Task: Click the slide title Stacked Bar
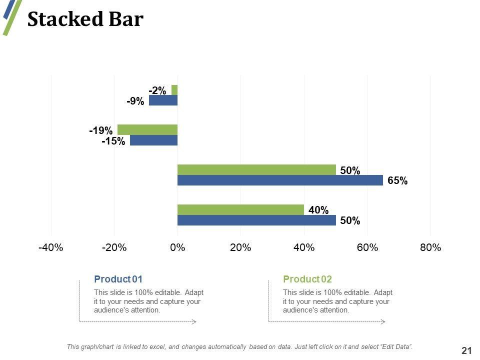[85, 19]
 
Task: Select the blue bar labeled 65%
[280, 180]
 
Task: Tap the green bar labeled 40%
[240, 209]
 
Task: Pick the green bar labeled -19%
[147, 129]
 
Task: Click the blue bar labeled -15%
[153, 140]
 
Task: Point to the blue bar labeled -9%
[163, 100]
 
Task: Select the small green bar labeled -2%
[174, 90]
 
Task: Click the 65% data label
[397, 181]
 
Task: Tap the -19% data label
[100, 130]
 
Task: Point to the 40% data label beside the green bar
[318, 210]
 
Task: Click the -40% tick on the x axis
[50, 248]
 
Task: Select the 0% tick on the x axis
[177, 248]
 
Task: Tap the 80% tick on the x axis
[430, 248]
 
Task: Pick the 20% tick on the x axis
[240, 248]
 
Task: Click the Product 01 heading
[118, 279]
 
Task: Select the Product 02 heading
[307, 279]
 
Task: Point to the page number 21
[466, 351]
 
